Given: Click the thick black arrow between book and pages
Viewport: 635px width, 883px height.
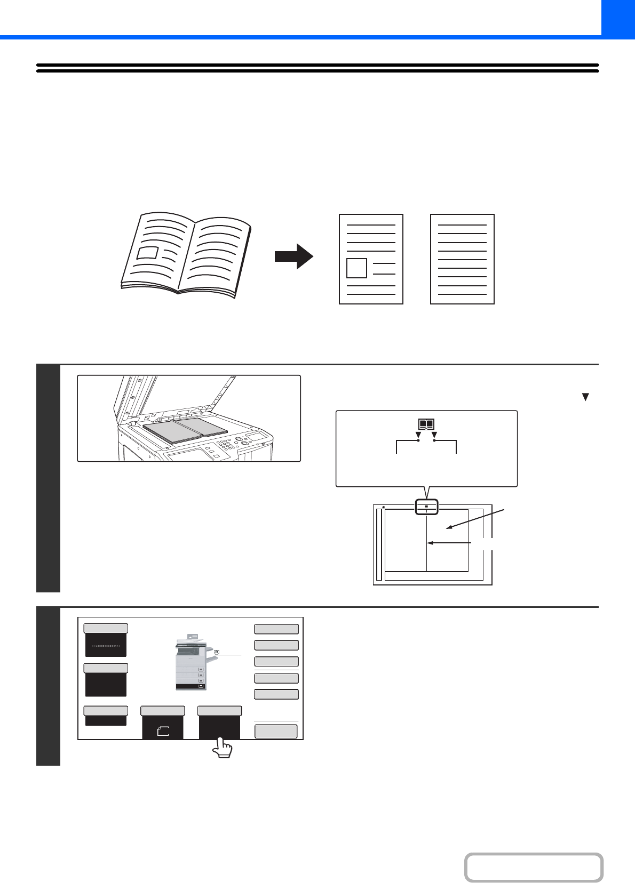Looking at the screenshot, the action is pyautogui.click(x=293, y=256).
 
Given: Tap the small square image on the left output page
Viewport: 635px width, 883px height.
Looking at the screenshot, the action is pyautogui.click(x=356, y=268).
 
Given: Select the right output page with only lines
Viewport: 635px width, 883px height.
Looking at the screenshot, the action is pyautogui.click(x=462, y=259).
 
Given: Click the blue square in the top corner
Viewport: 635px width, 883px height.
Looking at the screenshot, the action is pyautogui.click(x=618, y=18).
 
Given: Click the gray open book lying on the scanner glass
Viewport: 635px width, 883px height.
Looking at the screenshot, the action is pyautogui.click(x=185, y=430).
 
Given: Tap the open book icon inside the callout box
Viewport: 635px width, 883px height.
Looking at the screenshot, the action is pyautogui.click(x=426, y=425).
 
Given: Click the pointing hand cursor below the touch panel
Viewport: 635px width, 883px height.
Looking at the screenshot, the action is pyautogui.click(x=223, y=748).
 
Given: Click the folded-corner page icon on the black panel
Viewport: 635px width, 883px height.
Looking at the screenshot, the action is pyautogui.click(x=163, y=731).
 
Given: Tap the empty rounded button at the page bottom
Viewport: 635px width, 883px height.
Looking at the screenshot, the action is pyautogui.click(x=534, y=868).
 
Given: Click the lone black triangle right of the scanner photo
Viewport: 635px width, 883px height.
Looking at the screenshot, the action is pyautogui.click(x=585, y=397).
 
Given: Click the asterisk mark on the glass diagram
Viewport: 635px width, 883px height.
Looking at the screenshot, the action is pyautogui.click(x=383, y=508).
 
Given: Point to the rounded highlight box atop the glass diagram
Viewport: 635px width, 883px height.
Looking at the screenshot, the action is pyautogui.click(x=426, y=507).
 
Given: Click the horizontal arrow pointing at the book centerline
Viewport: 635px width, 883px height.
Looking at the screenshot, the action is pyautogui.click(x=449, y=543).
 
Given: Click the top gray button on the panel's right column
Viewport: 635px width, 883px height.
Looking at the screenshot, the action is pyautogui.click(x=276, y=629).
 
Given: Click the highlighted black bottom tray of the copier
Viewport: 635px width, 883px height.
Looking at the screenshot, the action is pyautogui.click(x=190, y=686).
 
